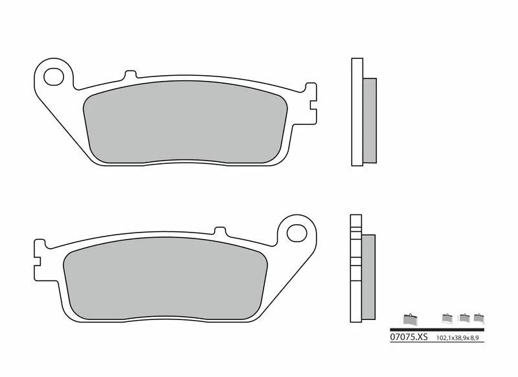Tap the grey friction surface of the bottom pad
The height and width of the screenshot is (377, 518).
point(165,280)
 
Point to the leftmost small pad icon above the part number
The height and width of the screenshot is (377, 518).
point(408,318)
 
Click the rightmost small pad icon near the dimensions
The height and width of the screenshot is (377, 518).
point(479,317)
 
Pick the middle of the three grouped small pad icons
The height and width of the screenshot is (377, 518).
point(464,317)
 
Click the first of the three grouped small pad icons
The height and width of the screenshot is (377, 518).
point(446,317)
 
